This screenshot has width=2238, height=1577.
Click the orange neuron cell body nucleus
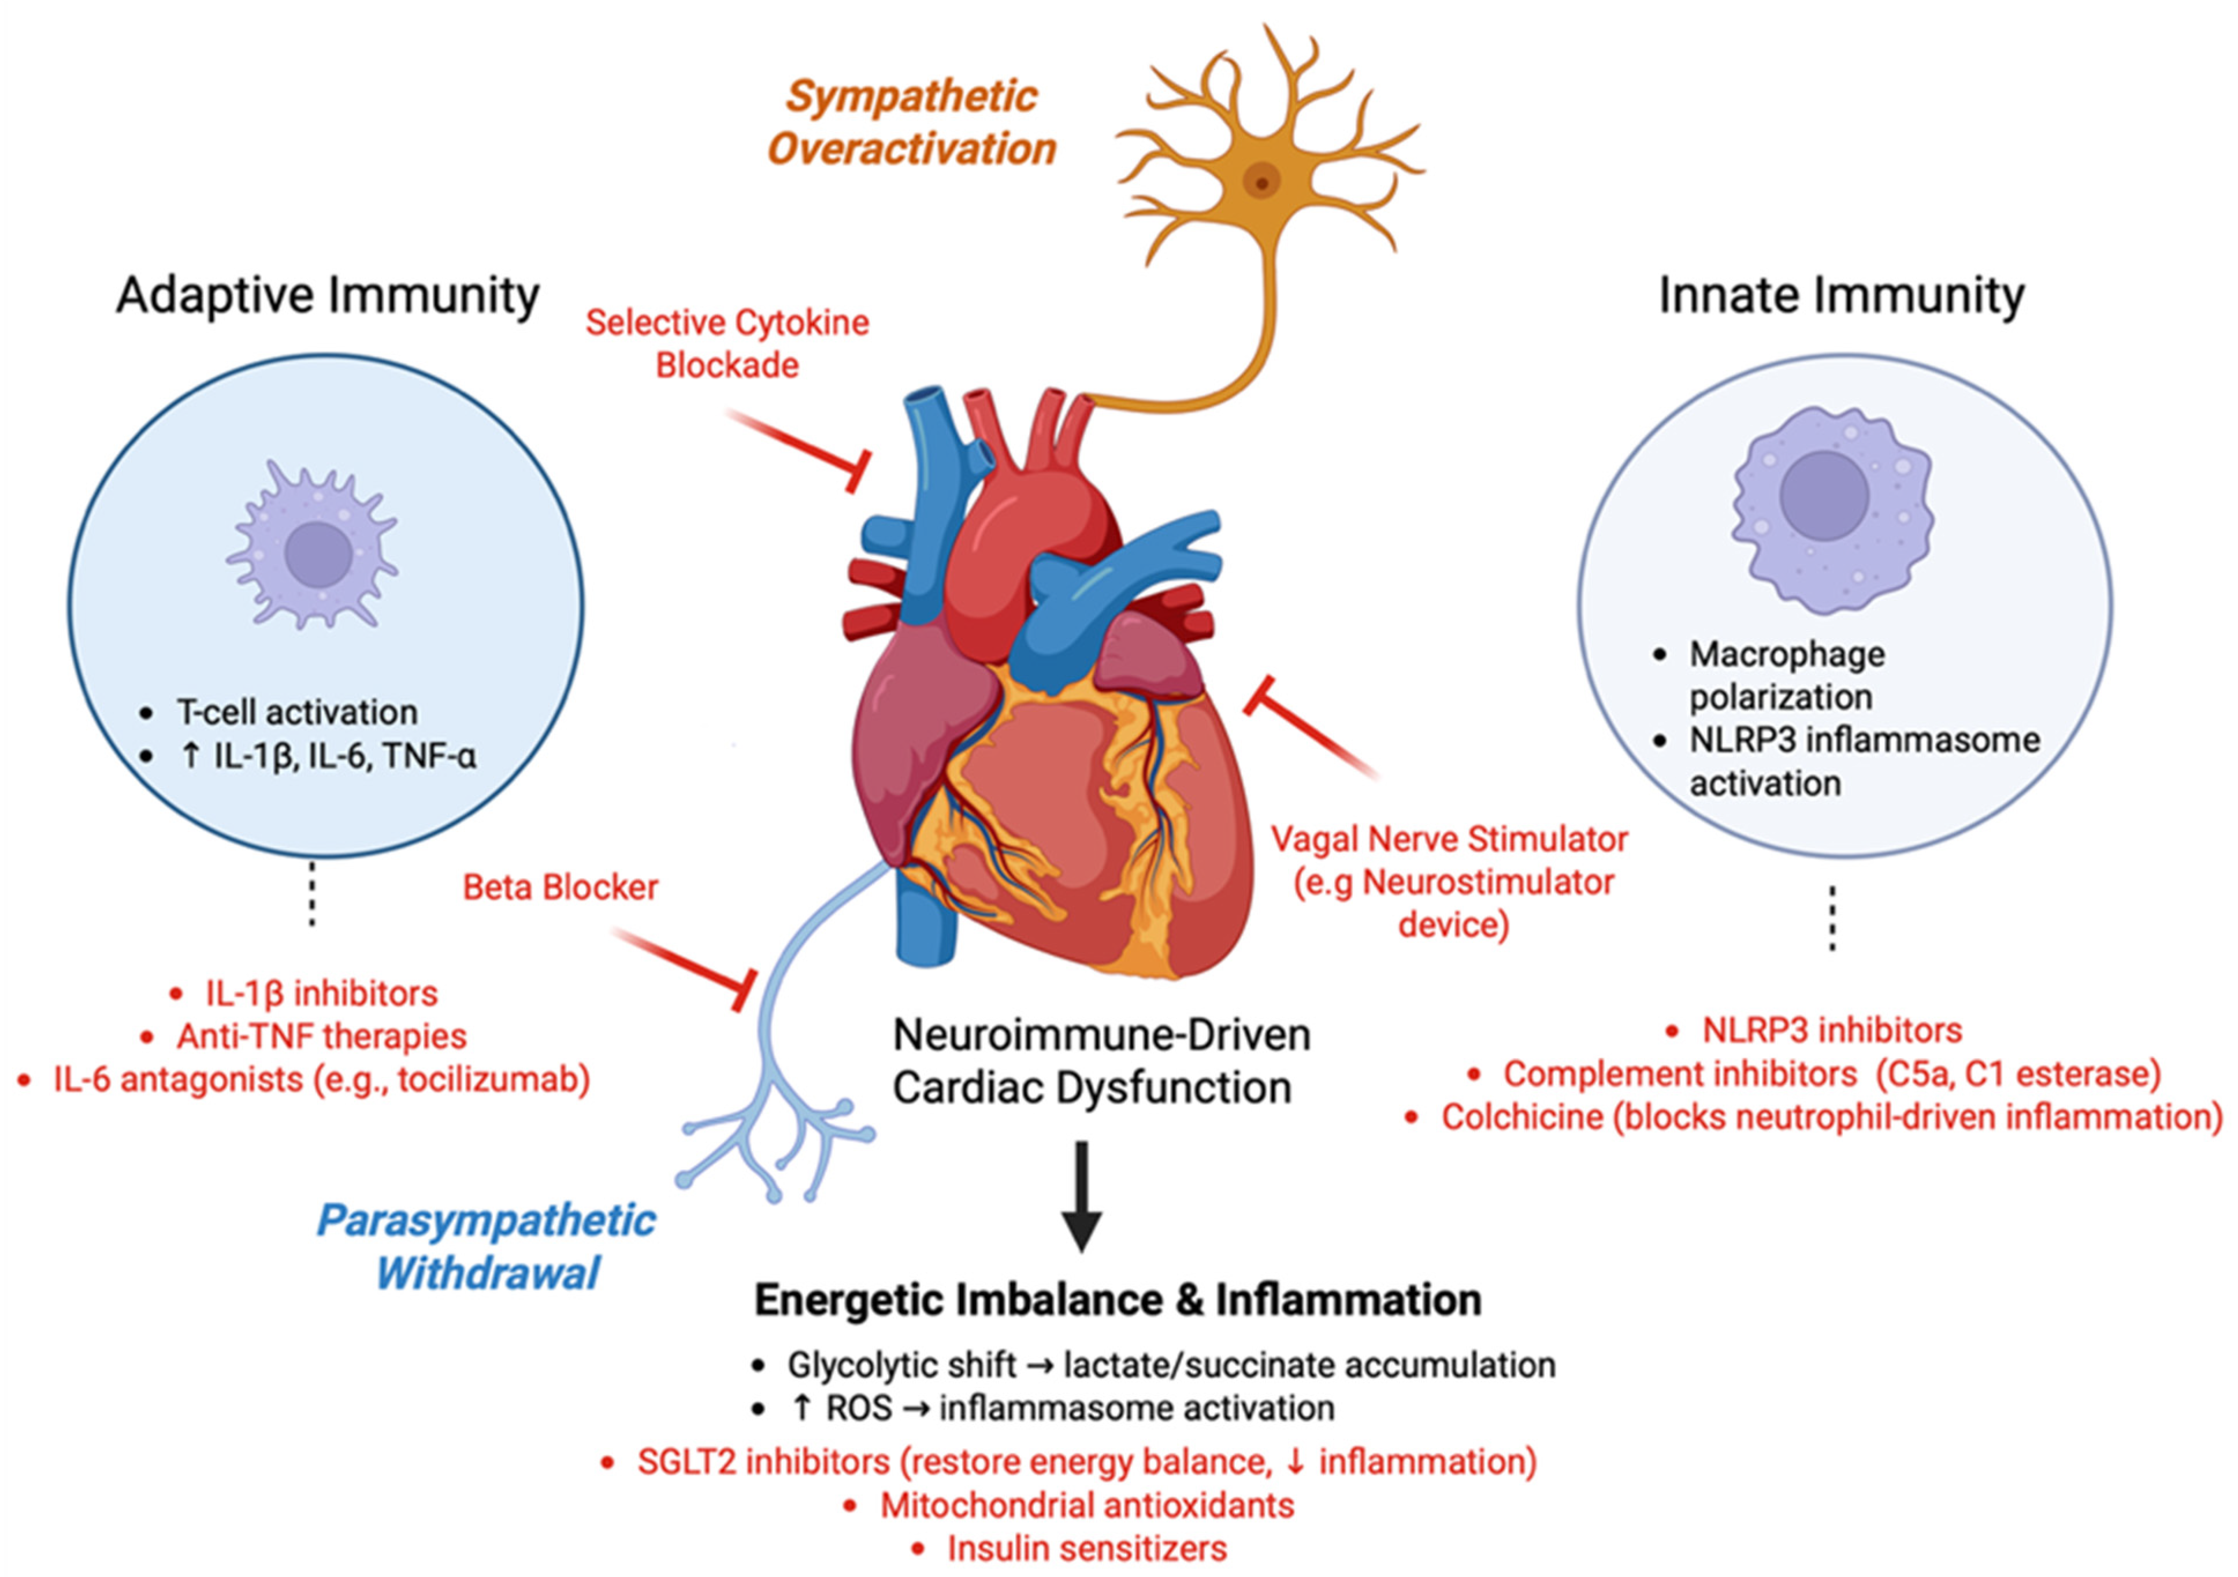click(x=1262, y=181)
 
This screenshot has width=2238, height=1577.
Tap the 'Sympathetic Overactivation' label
click(x=911, y=123)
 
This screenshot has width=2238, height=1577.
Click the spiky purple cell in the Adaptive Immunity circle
click(x=313, y=551)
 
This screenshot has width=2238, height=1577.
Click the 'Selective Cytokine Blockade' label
click(x=727, y=343)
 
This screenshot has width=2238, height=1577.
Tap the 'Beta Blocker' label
click(x=561, y=887)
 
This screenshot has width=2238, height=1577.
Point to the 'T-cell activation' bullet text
click(x=296, y=713)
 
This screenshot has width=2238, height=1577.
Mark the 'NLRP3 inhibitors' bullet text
click(x=1832, y=1030)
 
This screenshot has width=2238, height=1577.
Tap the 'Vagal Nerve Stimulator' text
click(x=1449, y=839)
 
